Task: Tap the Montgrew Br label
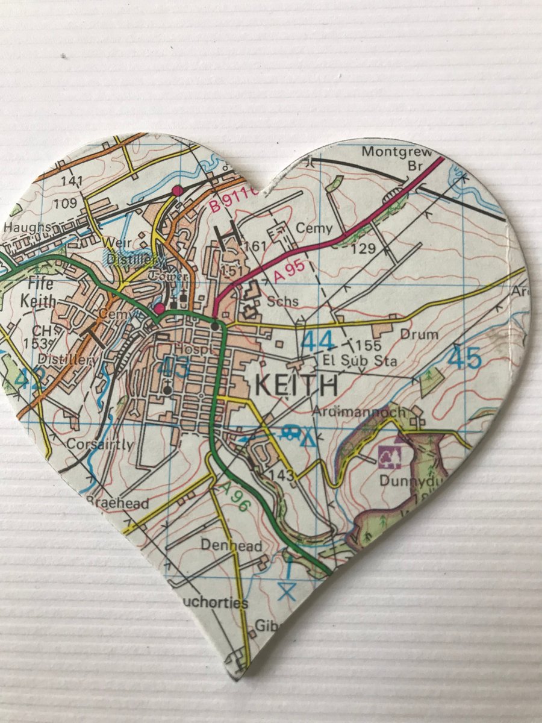click(397, 158)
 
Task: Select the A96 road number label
click(234, 496)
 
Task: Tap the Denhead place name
click(232, 546)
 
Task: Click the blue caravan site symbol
click(291, 431)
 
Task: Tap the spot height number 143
click(282, 475)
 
